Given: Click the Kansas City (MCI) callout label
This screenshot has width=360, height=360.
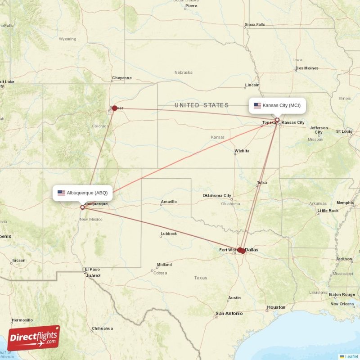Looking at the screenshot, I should [277, 106].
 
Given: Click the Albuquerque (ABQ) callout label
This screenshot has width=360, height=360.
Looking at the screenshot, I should [82, 193].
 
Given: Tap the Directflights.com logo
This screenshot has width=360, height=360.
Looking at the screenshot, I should [34, 338].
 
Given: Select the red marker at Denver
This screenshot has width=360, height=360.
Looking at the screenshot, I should [115, 108].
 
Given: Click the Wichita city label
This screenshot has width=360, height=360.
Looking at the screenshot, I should [242, 151].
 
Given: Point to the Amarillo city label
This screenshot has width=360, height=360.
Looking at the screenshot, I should [169, 202].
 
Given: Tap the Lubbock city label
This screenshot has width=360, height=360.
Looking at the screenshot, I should [169, 234].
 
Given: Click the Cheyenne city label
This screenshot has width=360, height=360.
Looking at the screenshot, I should [121, 78].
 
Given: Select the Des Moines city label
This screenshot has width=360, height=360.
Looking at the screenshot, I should [307, 68].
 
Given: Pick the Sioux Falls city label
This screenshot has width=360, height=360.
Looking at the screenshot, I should [255, 24].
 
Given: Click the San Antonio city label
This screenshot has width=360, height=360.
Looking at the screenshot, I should [229, 313].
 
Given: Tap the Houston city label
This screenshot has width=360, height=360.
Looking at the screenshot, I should [276, 307].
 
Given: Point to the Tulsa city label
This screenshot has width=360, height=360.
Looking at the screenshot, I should [262, 183].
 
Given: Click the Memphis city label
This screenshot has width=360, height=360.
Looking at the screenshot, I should [345, 202].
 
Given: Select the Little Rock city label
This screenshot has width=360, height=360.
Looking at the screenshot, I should [328, 211].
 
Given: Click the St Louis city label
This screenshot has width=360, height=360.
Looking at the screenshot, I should [344, 131].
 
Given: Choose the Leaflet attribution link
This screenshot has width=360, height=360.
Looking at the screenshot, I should [351, 356].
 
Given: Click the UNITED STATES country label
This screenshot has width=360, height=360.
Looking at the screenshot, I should [202, 105].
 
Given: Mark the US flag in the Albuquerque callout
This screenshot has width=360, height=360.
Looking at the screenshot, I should [61, 193].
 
